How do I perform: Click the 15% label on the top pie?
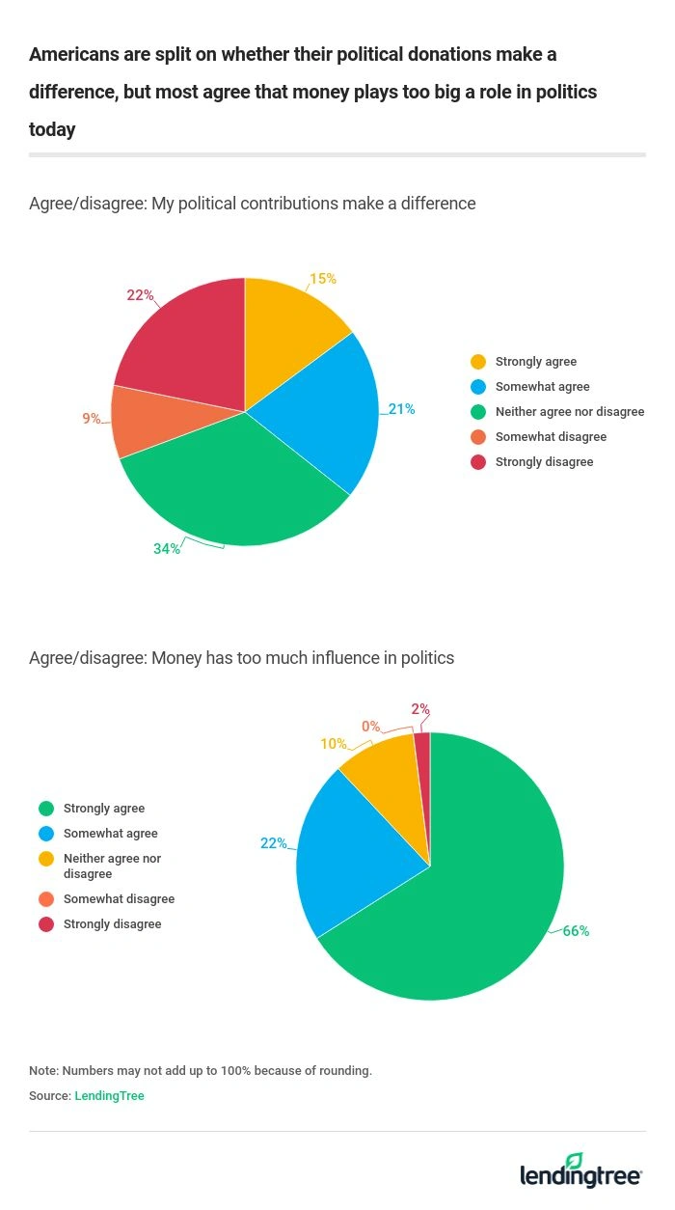pos(323,279)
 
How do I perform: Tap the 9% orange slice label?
pos(92,419)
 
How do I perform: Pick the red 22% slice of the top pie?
pos(188,338)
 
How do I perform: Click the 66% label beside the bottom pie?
pos(576,931)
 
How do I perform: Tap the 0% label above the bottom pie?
pos(370,726)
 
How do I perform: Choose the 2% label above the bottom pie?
pos(420,709)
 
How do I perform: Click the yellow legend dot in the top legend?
pos(477,362)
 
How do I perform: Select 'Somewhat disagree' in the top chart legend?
pos(551,437)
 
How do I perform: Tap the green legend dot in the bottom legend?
pos(45,809)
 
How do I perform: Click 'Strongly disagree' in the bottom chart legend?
pos(112,924)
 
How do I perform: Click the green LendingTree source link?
pos(109,1096)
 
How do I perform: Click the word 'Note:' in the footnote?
pos(43,1071)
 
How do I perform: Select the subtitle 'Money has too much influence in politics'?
pos(241,658)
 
